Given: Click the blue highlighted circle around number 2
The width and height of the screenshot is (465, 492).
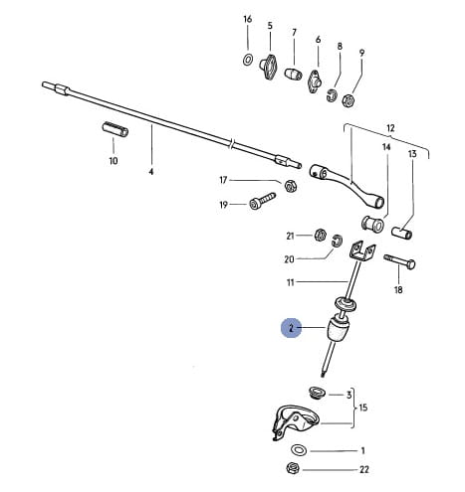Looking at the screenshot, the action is click(291, 328).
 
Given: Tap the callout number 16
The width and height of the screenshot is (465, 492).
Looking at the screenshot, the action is click(248, 19).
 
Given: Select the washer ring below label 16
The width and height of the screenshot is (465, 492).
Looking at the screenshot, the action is click(247, 60).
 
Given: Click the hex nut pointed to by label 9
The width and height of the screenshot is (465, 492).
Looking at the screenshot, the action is click(349, 100).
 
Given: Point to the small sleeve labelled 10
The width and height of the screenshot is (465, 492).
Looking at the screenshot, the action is click(115, 129).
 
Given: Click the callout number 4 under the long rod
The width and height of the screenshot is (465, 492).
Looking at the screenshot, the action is click(151, 172).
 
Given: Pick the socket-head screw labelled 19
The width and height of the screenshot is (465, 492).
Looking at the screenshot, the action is click(262, 201).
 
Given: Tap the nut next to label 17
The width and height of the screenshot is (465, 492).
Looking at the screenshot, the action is click(291, 186).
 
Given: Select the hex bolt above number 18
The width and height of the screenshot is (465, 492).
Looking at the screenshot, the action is click(399, 261).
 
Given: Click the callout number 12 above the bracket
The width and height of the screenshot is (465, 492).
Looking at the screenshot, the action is click(390, 128).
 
